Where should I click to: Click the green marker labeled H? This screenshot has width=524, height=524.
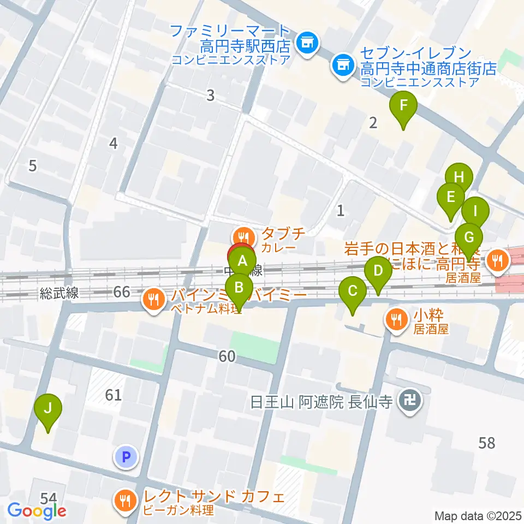tap(458, 177)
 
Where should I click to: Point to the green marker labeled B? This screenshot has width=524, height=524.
tap(239, 287)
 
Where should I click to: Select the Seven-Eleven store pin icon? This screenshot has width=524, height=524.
tap(343, 66)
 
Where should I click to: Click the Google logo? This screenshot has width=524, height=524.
tap(37, 511)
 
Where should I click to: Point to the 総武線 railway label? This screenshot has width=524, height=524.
tap(59, 293)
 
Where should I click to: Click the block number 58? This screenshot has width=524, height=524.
tap(486, 443)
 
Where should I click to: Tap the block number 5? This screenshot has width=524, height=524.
tap(33, 165)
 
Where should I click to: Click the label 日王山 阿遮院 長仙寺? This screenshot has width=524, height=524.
tap(322, 403)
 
